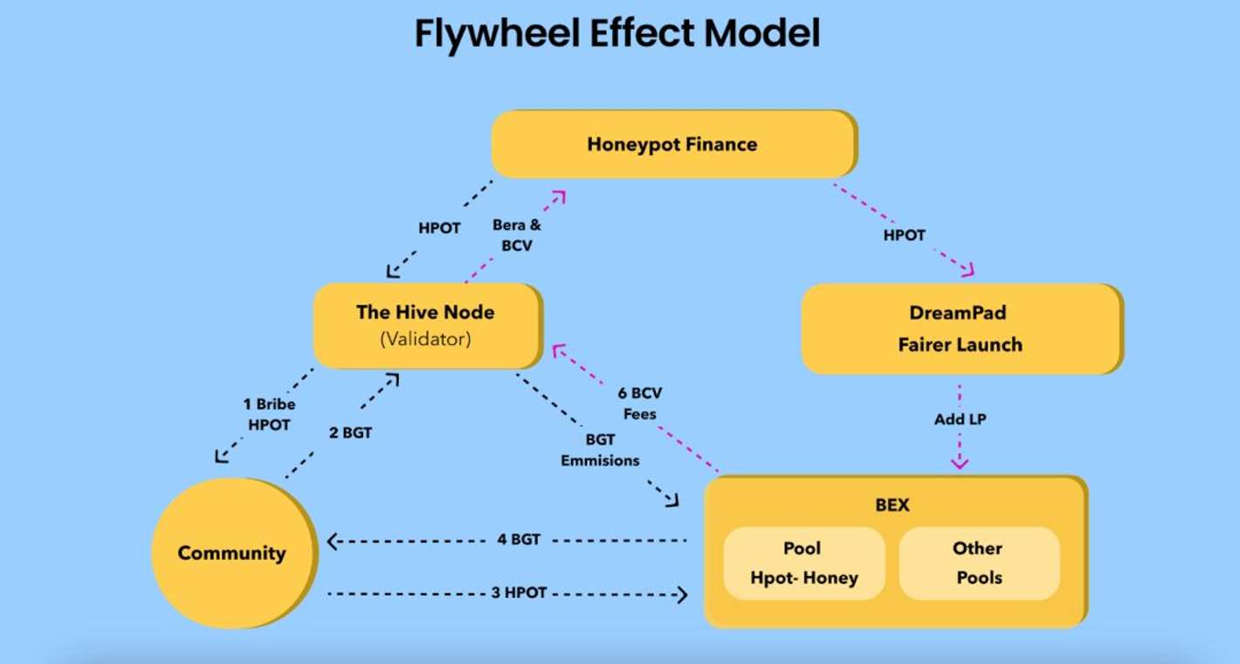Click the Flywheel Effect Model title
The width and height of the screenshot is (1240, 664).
tap(617, 34)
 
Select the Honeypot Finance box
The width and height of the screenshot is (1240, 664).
tap(672, 144)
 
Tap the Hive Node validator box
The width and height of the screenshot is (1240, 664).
tap(426, 325)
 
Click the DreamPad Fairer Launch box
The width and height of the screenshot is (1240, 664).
tap(961, 329)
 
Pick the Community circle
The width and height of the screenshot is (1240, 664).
tap(231, 553)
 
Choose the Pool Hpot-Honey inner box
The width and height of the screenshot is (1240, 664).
tap(803, 563)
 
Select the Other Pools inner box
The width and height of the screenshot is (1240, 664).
tap(979, 563)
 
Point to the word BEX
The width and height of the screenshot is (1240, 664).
tap(892, 505)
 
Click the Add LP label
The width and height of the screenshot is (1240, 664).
tap(960, 419)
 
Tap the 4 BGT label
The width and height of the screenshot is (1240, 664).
tap(519, 539)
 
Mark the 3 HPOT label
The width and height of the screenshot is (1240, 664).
tap(519, 592)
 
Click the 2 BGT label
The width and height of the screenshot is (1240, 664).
tap(351, 432)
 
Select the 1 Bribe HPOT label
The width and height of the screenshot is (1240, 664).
tap(269, 414)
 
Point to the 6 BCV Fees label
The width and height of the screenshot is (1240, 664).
tap(640, 404)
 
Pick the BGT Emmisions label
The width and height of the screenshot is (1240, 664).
tap(600, 450)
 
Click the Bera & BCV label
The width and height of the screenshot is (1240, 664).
tap(516, 236)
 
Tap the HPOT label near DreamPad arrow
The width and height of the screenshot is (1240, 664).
tap(904, 235)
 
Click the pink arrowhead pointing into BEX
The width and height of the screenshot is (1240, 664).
tap(960, 462)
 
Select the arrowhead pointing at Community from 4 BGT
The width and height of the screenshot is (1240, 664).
tap(333, 542)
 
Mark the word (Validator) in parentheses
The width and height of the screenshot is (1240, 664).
tap(425, 340)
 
